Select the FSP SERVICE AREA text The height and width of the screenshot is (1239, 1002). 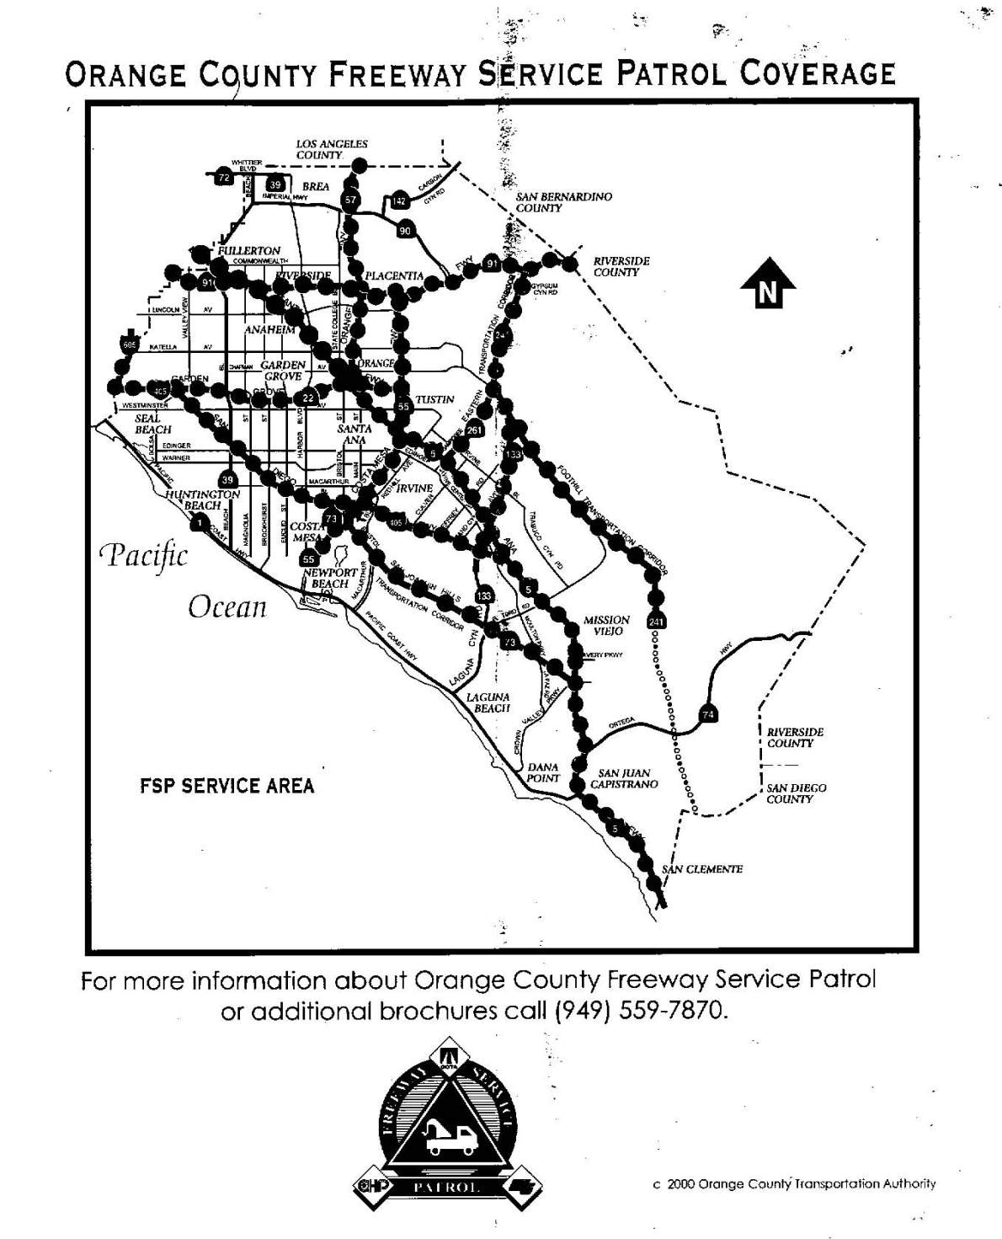pyautogui.click(x=227, y=786)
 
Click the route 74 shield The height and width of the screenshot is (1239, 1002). pyautogui.click(x=708, y=715)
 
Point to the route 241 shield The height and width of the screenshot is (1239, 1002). pyautogui.click(x=657, y=622)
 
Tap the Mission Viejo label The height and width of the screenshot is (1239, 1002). pyautogui.click(x=606, y=625)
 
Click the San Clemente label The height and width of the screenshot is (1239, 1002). pyautogui.click(x=703, y=869)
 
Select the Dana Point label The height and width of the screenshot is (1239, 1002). pyautogui.click(x=543, y=772)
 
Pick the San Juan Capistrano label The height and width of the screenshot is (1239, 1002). pyautogui.click(x=624, y=777)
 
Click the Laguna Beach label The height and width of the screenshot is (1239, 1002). pyautogui.click(x=492, y=702)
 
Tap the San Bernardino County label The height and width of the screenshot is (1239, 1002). pyautogui.click(x=564, y=201)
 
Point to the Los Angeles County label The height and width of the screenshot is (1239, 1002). pyautogui.click(x=331, y=149)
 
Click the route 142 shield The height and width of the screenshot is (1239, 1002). pyautogui.click(x=399, y=200)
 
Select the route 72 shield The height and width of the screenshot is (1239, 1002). pyautogui.click(x=223, y=178)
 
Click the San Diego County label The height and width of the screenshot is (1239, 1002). pyautogui.click(x=796, y=793)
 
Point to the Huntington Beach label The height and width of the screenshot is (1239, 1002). pyautogui.click(x=202, y=499)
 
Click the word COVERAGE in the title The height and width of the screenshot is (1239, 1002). pyautogui.click(x=817, y=74)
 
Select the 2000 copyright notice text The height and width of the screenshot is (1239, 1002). pyautogui.click(x=794, y=1183)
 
